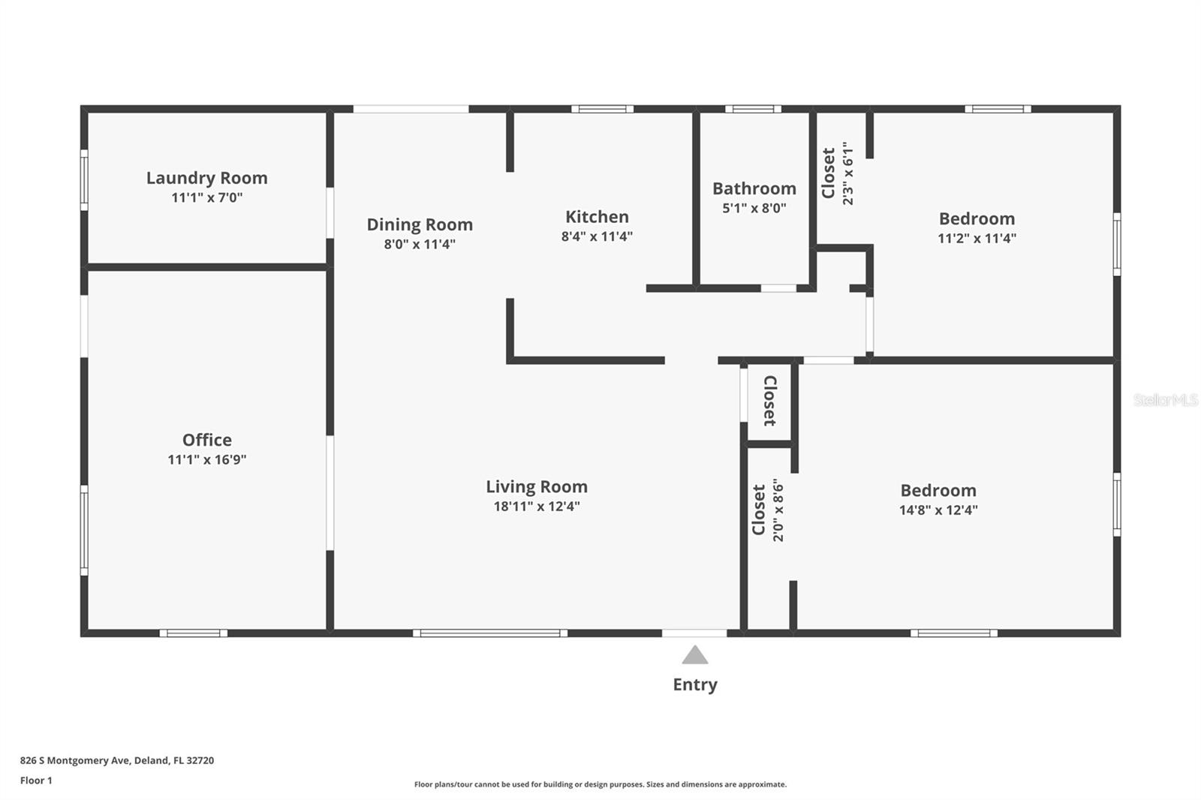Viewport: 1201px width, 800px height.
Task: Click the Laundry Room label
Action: pyautogui.click(x=206, y=178)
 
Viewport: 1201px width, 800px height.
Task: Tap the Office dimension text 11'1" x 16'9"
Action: pyautogui.click(x=206, y=459)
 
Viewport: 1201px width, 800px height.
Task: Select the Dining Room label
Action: pyautogui.click(x=420, y=224)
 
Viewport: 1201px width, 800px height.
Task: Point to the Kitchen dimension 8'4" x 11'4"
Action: pyautogui.click(x=597, y=236)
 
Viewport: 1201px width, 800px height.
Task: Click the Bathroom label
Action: pyautogui.click(x=754, y=188)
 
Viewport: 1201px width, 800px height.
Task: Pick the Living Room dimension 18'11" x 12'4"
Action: pyautogui.click(x=536, y=507)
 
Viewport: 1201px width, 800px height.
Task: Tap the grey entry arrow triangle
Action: pyautogui.click(x=694, y=656)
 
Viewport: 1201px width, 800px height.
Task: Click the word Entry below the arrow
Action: pyautogui.click(x=694, y=684)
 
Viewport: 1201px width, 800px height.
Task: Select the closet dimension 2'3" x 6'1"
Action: pyautogui.click(x=848, y=173)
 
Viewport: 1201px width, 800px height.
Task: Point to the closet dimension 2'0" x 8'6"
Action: pyautogui.click(x=778, y=510)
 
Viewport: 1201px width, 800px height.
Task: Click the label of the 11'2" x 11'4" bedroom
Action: pyautogui.click(x=977, y=218)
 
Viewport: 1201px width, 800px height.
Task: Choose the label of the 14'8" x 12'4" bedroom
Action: pyautogui.click(x=938, y=490)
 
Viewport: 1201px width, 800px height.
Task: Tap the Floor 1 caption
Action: pyautogui.click(x=36, y=780)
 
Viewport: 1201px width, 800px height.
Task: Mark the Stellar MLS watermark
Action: pyautogui.click(x=1165, y=400)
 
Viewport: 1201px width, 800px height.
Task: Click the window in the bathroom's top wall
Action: pyautogui.click(x=753, y=109)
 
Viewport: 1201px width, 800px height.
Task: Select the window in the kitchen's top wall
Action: pyautogui.click(x=602, y=109)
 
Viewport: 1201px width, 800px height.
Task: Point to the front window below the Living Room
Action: pyautogui.click(x=490, y=633)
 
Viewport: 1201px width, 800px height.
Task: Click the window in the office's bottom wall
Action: pyautogui.click(x=193, y=633)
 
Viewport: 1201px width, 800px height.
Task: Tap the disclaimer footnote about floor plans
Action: pyautogui.click(x=600, y=784)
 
